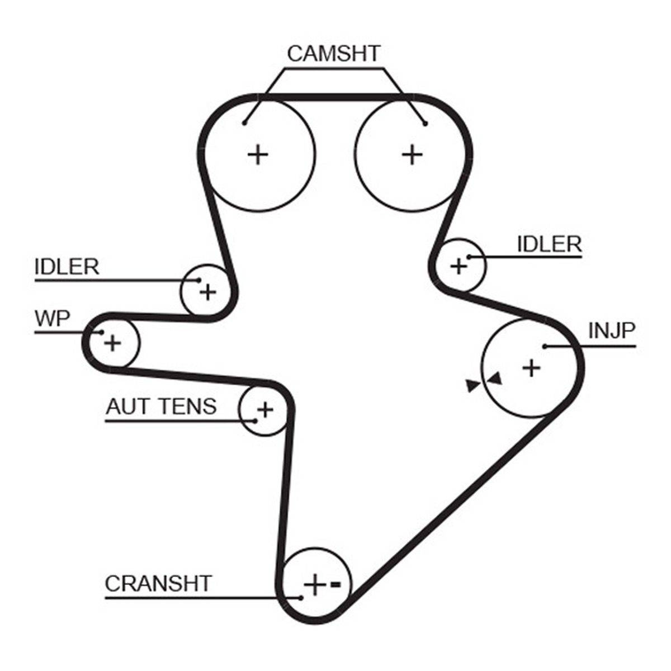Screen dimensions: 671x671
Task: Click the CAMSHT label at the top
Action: [333, 54]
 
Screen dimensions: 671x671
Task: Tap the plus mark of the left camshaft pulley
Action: [258, 154]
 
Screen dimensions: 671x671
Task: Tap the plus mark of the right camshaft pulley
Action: [412, 154]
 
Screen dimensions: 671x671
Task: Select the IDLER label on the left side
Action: [67, 267]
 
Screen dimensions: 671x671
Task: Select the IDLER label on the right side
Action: [550, 244]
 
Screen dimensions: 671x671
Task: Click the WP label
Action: [53, 318]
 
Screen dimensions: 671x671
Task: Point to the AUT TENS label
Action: [161, 406]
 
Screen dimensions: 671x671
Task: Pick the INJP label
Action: [612, 331]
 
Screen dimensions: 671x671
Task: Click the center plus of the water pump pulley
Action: [112, 343]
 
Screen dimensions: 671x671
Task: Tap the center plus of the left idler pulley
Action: [208, 292]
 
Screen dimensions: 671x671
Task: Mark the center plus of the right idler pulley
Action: [459, 267]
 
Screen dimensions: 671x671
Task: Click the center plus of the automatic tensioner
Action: [266, 409]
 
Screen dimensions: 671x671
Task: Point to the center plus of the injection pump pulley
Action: [531, 368]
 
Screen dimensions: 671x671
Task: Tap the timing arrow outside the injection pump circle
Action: [473, 386]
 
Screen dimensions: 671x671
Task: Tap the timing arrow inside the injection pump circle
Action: [495, 379]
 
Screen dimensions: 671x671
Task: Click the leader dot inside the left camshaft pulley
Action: [244, 123]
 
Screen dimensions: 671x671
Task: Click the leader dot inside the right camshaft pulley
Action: [425, 124]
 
